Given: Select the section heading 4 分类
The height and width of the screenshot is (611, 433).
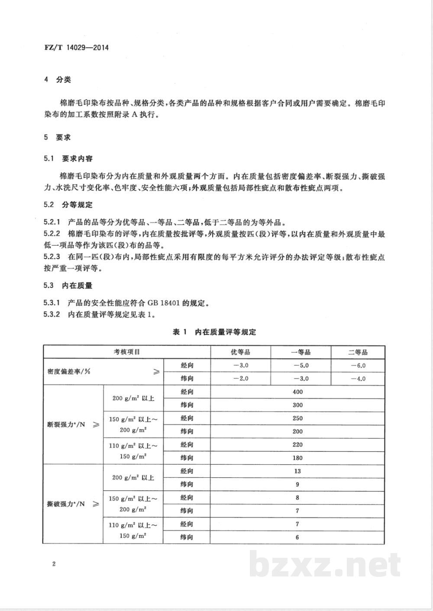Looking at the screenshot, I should click(58, 80).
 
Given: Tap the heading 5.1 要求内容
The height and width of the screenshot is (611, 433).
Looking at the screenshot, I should click(68, 159).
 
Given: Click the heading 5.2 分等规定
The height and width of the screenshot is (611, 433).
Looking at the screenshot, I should click(68, 205).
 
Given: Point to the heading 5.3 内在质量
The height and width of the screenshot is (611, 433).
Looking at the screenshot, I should click(68, 285).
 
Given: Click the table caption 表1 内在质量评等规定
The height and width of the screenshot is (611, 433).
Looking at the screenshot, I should click(214, 332).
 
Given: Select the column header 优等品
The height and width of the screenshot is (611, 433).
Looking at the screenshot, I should click(240, 352).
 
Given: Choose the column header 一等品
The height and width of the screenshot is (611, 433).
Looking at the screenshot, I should click(301, 352).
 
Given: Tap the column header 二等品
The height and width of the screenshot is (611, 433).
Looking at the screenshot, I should click(357, 352).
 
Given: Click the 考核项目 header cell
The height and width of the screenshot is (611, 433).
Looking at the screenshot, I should click(126, 352).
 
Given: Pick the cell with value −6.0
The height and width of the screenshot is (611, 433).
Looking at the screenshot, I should click(358, 365).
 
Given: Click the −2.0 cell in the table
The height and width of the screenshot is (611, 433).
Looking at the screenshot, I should click(240, 378).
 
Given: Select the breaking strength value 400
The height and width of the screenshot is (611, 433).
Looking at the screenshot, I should click(297, 392).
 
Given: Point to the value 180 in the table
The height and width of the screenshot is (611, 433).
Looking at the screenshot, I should click(297, 458).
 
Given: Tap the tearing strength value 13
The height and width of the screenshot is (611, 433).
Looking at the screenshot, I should click(297, 471).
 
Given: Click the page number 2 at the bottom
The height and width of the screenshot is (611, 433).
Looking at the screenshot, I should click(53, 564).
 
